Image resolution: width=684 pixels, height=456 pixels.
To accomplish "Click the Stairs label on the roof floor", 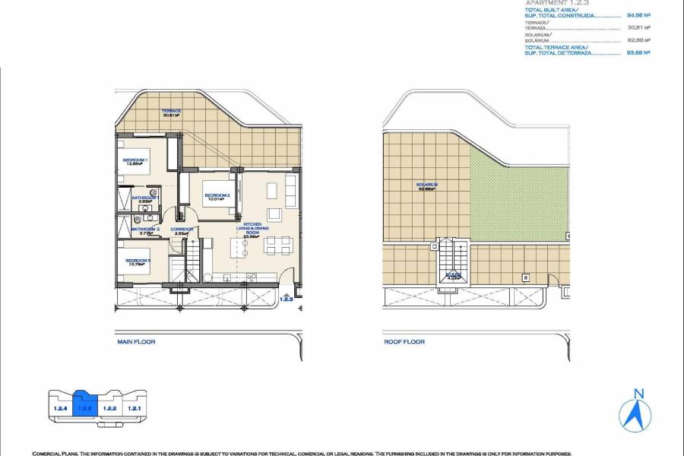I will point(453,275).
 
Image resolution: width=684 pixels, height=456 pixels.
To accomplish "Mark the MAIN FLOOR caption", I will point(137,342).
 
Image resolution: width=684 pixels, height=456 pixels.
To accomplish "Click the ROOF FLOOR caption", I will point(404,342).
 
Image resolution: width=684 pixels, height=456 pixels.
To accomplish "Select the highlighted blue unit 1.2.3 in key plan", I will point(84,407).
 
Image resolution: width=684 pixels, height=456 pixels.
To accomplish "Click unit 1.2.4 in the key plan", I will point(61,409).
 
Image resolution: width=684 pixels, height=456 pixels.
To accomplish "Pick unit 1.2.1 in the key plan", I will point(135,409).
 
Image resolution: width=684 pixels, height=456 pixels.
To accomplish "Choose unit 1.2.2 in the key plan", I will point(109,409).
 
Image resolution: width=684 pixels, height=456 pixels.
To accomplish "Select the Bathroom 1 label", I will point(144,198).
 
